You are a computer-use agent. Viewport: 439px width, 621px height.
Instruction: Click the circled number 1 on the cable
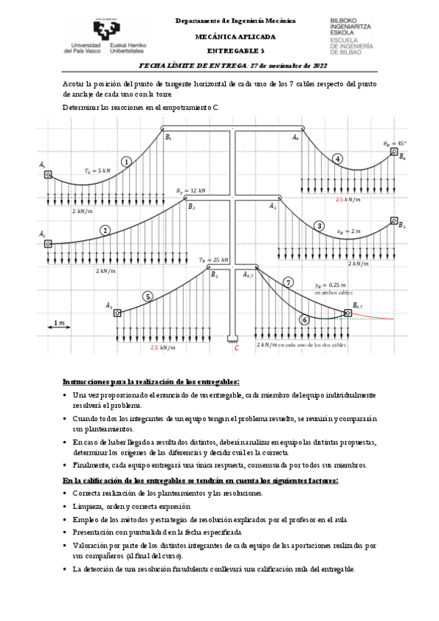tap(127, 162)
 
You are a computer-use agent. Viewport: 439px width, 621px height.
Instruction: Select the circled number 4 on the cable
tap(337, 159)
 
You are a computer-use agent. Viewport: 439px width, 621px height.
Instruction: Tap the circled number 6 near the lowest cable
tap(305, 319)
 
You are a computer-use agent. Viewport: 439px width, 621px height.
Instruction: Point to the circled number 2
tap(106, 230)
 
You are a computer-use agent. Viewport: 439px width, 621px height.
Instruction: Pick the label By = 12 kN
tap(191, 190)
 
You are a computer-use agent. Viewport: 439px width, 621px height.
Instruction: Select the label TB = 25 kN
tap(214, 260)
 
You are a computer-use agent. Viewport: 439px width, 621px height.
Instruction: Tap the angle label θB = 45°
tap(394, 144)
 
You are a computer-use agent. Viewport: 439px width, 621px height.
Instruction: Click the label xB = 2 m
tap(349, 231)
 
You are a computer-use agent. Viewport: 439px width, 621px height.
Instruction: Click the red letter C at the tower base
tap(236, 349)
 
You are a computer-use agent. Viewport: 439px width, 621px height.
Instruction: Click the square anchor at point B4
tap(394, 152)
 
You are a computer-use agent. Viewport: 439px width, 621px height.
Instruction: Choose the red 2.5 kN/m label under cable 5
tap(163, 348)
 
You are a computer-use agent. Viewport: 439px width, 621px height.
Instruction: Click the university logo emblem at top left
tap(100, 31)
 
